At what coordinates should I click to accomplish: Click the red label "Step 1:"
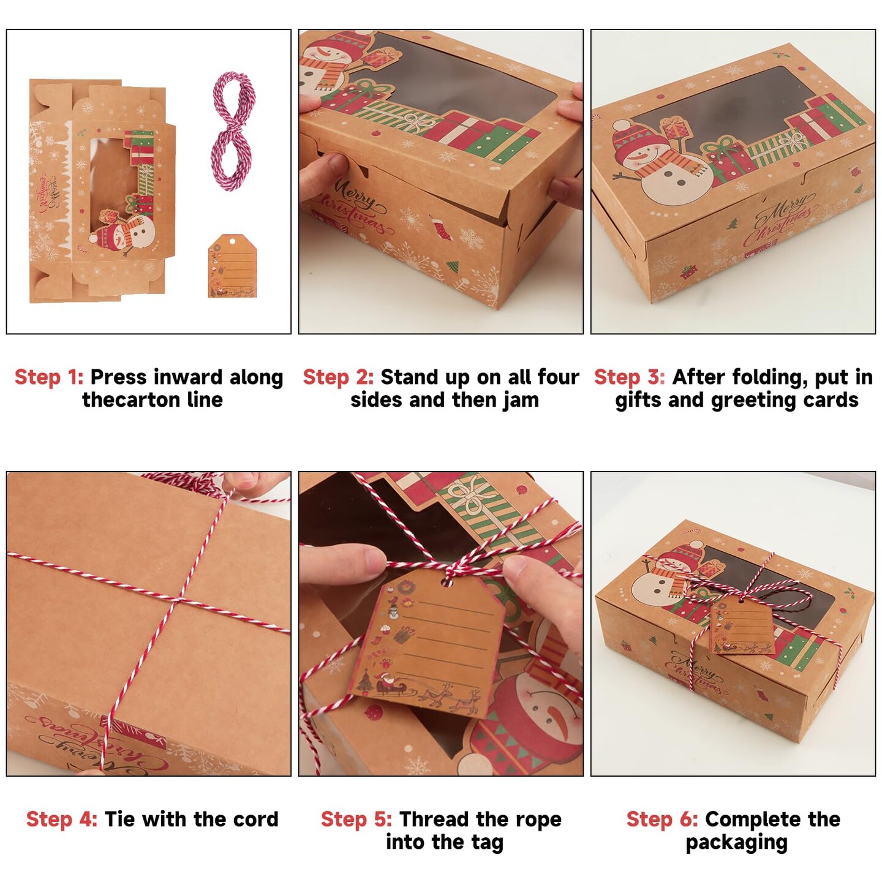click(x=49, y=377)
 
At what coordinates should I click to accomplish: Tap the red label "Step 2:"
click(x=338, y=377)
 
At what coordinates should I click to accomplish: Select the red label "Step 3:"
click(x=630, y=377)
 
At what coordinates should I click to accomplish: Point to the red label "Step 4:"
click(x=62, y=819)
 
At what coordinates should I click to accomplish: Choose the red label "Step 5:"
click(x=356, y=819)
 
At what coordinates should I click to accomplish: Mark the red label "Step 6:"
click(x=662, y=819)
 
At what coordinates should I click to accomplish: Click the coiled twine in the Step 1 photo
click(x=233, y=133)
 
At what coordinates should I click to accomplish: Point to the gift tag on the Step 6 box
click(x=742, y=626)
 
